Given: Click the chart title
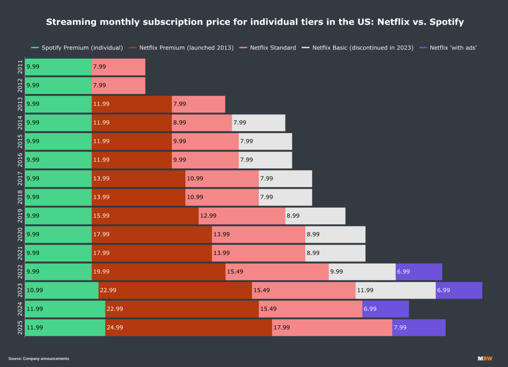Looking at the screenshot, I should click(x=255, y=22).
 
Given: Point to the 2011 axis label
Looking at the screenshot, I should click(x=20, y=67).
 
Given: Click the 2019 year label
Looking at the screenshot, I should click(x=20, y=216).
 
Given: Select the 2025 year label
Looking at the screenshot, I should click(x=20, y=327).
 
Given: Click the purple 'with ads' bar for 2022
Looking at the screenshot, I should click(x=419, y=272).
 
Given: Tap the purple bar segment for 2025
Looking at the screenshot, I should click(x=419, y=327).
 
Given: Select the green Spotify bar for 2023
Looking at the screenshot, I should click(x=62, y=290).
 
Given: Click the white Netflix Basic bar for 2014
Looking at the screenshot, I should click(x=258, y=123).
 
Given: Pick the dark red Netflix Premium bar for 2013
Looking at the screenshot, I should click(x=132, y=104).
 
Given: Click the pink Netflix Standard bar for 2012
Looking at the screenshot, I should click(x=118, y=85).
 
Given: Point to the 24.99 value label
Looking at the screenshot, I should click(x=115, y=327).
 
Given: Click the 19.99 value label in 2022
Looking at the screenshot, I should click(x=101, y=272).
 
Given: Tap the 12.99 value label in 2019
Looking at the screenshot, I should click(x=208, y=216).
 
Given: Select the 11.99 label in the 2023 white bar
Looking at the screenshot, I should click(x=365, y=290).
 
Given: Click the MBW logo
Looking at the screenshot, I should click(x=485, y=358).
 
